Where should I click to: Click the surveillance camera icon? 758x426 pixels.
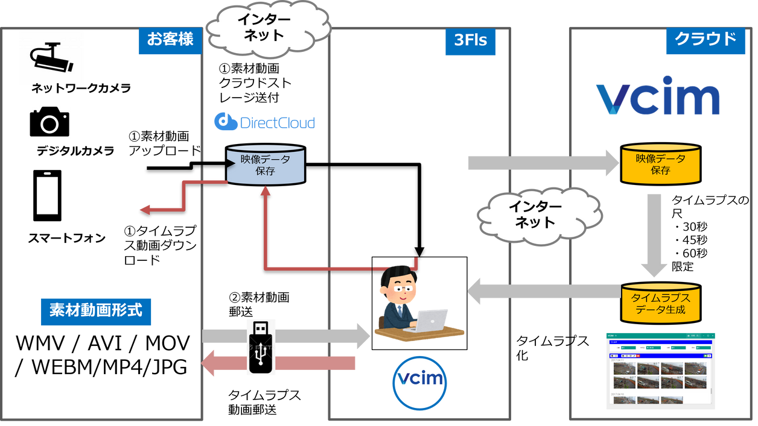pyautogui.click(x=51, y=57)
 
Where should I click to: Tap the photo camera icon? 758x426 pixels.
pyautogui.click(x=49, y=122)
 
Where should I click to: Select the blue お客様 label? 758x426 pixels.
pyautogui.click(x=170, y=40)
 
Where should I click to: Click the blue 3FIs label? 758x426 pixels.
pyautogui.click(x=470, y=41)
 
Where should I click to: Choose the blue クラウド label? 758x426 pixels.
pyautogui.click(x=705, y=40)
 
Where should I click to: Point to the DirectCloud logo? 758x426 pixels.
pyautogui.click(x=264, y=122)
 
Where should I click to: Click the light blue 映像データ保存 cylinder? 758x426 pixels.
pyautogui.click(x=265, y=164)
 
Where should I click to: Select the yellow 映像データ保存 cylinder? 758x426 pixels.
pyautogui.click(x=660, y=164)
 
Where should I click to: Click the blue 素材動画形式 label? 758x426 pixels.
pyautogui.click(x=96, y=311)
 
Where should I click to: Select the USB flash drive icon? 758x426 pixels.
pyautogui.click(x=261, y=347)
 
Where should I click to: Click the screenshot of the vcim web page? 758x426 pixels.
pyautogui.click(x=660, y=371)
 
